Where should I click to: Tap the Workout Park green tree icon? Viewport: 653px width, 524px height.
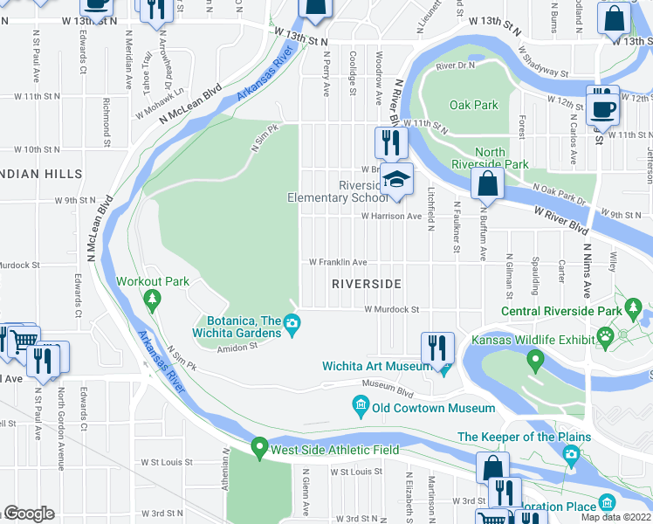click(153, 300)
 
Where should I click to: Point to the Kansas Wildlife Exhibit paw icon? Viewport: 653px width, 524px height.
click(604, 335)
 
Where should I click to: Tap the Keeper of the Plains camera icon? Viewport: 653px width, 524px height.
click(571, 453)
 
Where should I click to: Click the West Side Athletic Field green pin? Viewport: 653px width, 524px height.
click(258, 449)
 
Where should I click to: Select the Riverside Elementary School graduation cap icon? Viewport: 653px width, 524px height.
click(395, 180)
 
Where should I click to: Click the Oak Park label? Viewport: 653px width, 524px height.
click(473, 105)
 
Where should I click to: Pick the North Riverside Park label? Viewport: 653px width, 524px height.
click(490, 158)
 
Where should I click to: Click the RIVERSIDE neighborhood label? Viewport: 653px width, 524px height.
click(367, 285)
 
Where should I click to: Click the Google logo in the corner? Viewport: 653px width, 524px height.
click(28, 514)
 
